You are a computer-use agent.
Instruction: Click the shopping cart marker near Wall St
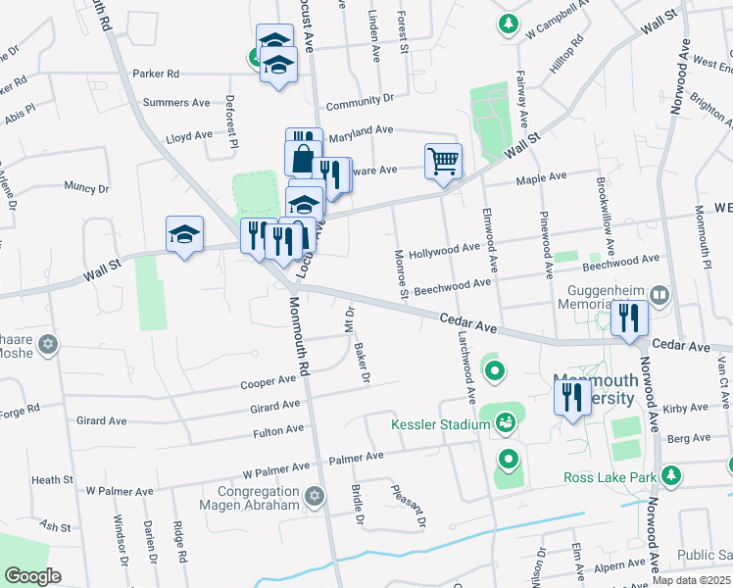pos(443,160)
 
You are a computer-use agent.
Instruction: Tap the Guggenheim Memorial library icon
pos(660,295)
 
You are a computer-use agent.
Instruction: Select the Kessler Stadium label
pos(440,424)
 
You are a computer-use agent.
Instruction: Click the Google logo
pos(32,576)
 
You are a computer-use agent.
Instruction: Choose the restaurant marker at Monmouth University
pos(570,396)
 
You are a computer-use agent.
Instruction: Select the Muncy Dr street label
pos(85,186)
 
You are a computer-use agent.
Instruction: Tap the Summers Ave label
pos(176,102)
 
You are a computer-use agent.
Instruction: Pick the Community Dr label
pos(360,100)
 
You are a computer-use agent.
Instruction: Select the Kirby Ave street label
pos(685,407)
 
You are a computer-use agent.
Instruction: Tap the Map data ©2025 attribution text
pos(691,580)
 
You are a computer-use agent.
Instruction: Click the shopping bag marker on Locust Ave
pos(303,158)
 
